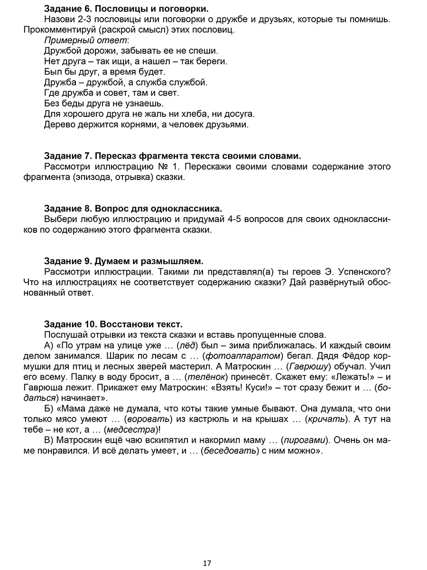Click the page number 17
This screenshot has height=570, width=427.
pyautogui.click(x=207, y=563)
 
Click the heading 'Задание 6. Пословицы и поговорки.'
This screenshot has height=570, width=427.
pyautogui.click(x=126, y=9)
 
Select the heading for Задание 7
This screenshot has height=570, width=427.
pyautogui.click(x=172, y=156)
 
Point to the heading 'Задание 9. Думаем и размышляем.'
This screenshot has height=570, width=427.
pyautogui.click(x=123, y=261)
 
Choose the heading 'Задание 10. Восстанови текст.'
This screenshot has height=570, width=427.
pyautogui.click(x=113, y=324)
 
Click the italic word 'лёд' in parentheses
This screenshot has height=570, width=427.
pyautogui.click(x=184, y=345)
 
